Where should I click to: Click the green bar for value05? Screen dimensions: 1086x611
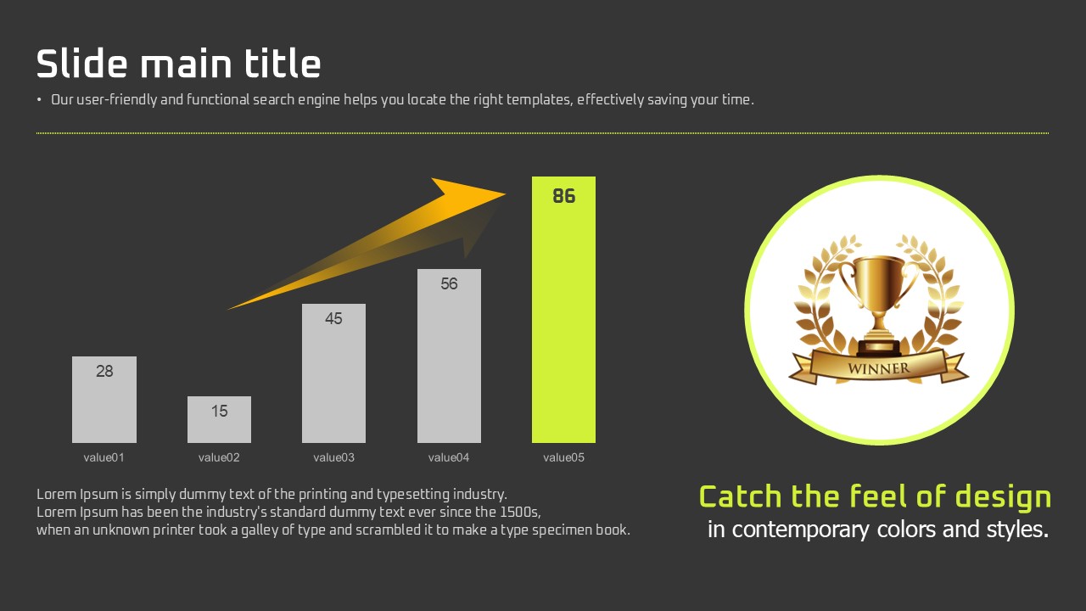coord(563,310)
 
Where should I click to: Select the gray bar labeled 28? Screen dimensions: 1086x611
coord(104,400)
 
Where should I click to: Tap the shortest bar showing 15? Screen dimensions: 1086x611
coord(219,419)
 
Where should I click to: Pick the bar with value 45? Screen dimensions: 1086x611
coord(333,373)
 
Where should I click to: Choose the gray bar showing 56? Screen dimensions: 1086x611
coord(449,356)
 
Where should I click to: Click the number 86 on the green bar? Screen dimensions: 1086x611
coord(564,196)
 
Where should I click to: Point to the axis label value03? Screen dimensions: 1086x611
coord(333,457)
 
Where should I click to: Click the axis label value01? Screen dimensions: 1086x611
coord(104,457)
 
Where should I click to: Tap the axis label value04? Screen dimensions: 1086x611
coord(449,457)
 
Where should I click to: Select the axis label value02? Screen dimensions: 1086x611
coord(219,457)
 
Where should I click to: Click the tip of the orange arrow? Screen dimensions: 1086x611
coord(506,194)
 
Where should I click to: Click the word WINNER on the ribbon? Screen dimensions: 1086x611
coord(878,368)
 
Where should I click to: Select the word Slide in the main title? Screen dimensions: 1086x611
coord(82,63)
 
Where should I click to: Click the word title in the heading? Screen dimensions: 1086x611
coord(283,63)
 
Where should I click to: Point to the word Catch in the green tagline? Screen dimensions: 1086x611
coord(741,497)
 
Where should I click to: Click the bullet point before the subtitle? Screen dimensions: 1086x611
coord(39,100)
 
